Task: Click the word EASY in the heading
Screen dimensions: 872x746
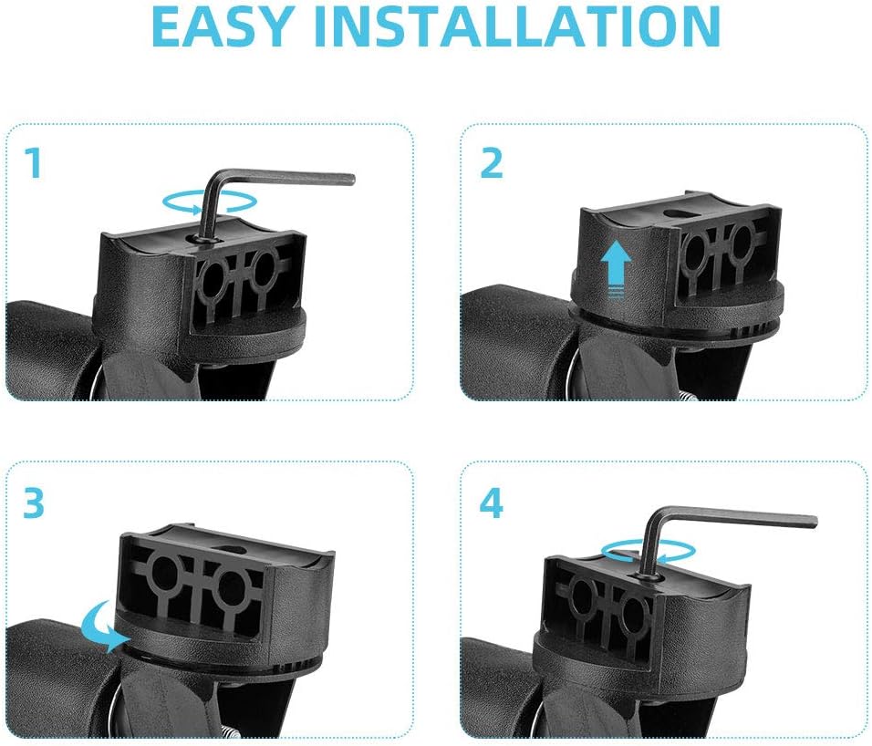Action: tap(222, 26)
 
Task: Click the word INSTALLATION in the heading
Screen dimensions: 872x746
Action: tap(517, 26)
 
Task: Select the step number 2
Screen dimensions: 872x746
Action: tap(491, 163)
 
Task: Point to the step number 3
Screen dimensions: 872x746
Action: tap(34, 503)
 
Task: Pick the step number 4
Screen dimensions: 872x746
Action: tap(492, 503)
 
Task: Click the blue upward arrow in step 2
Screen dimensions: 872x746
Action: tap(617, 269)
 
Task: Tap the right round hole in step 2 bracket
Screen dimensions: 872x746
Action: tap(742, 240)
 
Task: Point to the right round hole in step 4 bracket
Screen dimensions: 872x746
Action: tap(634, 610)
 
